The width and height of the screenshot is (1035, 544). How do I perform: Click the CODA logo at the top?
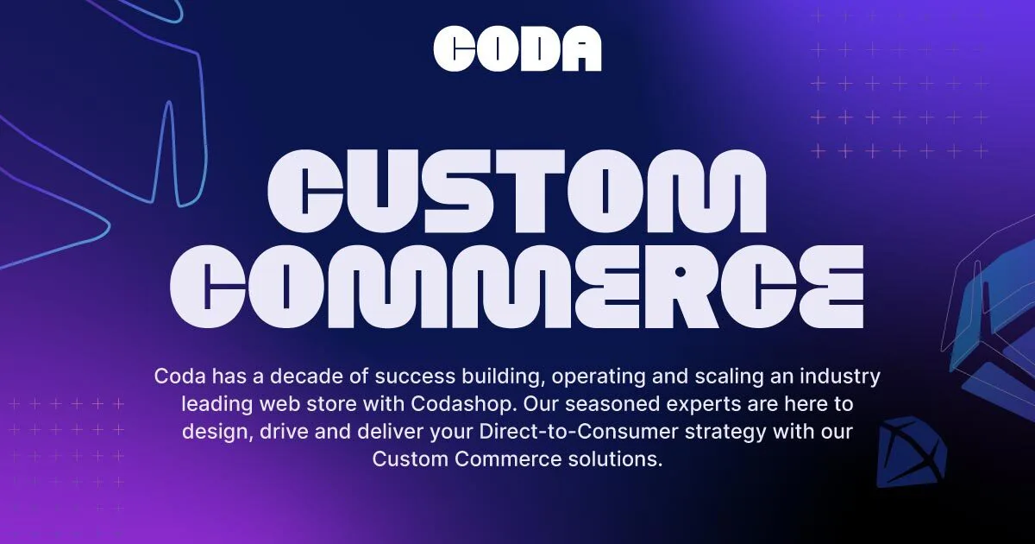[517, 48]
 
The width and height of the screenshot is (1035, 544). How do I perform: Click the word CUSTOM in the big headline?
[517, 191]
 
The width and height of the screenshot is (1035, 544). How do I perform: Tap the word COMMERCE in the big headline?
[517, 287]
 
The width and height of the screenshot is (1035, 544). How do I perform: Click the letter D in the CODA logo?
[536, 48]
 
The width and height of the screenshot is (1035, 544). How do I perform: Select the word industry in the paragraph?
[840, 377]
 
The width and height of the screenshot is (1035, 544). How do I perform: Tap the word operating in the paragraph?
[599, 377]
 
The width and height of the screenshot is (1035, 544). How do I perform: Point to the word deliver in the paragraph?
[390, 432]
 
